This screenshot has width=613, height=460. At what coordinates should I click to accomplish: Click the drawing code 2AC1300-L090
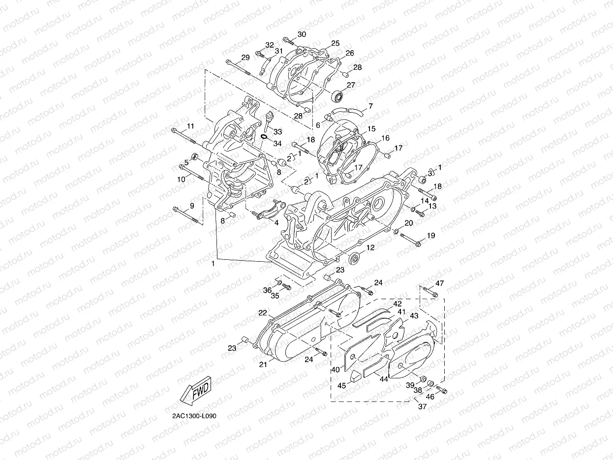tap(194, 416)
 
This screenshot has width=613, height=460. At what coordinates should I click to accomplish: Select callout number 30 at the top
tap(302, 34)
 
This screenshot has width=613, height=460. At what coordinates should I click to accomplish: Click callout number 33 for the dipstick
tap(278, 132)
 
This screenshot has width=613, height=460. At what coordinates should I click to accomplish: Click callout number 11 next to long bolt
tap(190, 126)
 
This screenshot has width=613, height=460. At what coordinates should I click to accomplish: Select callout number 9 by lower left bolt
tap(192, 205)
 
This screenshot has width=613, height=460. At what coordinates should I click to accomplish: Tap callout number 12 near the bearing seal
tap(370, 247)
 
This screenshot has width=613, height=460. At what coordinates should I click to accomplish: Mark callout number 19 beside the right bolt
tap(431, 236)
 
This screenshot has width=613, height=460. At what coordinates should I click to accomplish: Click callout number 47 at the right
tap(439, 283)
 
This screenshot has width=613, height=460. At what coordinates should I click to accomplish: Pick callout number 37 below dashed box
tap(422, 406)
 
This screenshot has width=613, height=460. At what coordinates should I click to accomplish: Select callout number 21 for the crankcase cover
tap(263, 365)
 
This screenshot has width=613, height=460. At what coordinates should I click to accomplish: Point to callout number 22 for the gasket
tap(263, 313)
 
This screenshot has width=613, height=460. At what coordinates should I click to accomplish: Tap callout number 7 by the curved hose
tap(370, 106)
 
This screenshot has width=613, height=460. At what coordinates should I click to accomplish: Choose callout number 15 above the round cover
tap(371, 128)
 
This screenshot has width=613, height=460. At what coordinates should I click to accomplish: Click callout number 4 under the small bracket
tap(276, 222)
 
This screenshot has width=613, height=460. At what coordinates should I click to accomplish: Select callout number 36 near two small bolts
tap(267, 290)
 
